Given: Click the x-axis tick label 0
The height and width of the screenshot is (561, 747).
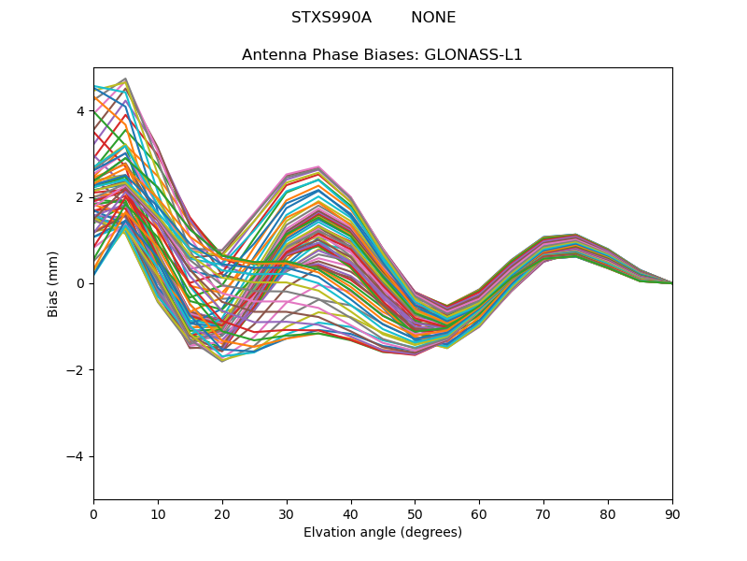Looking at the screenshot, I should tap(93, 513).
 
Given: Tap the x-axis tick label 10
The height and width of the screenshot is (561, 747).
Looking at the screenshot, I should tap(158, 513).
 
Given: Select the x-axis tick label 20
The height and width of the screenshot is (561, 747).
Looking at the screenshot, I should tap(222, 513).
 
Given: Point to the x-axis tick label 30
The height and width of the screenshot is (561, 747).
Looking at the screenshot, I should tap(287, 513).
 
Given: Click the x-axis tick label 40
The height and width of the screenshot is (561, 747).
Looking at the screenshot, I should tap(351, 513).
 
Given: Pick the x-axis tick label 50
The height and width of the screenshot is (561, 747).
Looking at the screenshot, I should tap(415, 513).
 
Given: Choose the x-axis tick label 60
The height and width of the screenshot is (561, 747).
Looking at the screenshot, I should tap(479, 513).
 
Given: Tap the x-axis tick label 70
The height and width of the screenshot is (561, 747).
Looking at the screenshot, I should tap(543, 513).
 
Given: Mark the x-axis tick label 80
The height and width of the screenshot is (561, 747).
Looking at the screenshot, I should tap(608, 513).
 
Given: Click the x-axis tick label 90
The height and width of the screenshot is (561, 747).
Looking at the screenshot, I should tap(672, 513).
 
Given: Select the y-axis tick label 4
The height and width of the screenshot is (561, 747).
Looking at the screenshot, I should tap(80, 111).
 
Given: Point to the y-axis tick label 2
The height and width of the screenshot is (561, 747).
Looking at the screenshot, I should tap(80, 197).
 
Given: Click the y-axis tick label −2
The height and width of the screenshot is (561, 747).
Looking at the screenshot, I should tap(77, 370).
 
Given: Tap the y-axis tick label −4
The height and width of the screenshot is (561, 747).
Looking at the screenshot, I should tap(77, 456).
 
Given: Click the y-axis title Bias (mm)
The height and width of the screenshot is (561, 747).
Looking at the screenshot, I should tap(53, 283).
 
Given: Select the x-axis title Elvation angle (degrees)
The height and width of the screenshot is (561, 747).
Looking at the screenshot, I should tap(383, 533).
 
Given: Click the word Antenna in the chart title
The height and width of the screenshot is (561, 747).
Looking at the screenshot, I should tap(272, 55).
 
